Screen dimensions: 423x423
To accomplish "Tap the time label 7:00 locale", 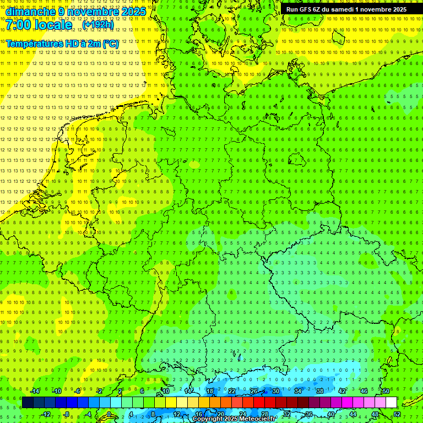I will coord(39,25).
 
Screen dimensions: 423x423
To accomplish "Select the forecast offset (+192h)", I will coord(98,25).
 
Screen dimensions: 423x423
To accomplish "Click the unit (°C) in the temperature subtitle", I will coord(110,44).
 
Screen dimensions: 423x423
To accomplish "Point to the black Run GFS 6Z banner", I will coord(346,9).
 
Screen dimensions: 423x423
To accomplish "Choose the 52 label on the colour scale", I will coord(397,414).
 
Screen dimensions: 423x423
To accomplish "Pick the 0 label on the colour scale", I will coord(109,414).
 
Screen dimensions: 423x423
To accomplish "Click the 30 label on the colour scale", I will coord(276,391).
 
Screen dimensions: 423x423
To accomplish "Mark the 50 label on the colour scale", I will coord(386,391).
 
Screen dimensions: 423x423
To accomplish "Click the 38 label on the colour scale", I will coord(320,391).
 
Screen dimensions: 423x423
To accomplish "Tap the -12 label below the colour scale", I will coord(46,414).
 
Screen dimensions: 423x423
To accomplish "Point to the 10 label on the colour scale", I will coord(166,391).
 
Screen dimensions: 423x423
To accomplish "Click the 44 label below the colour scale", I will coord(353,414).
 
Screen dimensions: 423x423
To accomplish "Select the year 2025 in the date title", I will coord(133,11).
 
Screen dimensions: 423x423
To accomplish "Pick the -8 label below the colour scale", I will coord(66,414).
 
